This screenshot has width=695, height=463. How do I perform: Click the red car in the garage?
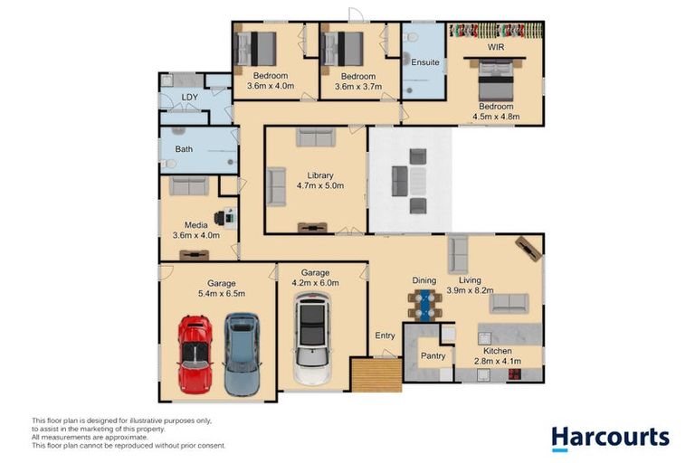click(195, 354)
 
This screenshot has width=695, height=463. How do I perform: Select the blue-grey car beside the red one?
click(242, 354)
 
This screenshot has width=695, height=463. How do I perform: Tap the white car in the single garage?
click(312, 339)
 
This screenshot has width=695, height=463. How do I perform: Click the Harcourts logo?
click(610, 439)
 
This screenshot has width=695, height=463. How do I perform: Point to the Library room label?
click(320, 175)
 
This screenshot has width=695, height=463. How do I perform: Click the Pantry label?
click(433, 355)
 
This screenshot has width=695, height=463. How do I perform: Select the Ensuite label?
click(425, 62)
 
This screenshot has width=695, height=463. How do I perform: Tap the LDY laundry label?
click(190, 97)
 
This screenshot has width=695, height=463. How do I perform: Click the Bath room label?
click(184, 149)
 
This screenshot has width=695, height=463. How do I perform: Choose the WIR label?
click(496, 47)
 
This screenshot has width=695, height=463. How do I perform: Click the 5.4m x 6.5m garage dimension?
click(222, 293)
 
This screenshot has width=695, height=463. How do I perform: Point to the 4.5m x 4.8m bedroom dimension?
click(496, 117)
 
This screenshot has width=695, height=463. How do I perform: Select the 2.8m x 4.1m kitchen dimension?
click(498, 361)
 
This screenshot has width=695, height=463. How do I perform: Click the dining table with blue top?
click(425, 305)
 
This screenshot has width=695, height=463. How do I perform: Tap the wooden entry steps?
click(376, 375)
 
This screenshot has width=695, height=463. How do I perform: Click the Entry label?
click(385, 335)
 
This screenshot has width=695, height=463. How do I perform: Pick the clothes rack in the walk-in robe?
click(496, 31)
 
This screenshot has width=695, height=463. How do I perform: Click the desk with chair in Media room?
click(225, 218)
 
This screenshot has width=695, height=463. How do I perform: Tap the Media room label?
click(195, 225)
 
